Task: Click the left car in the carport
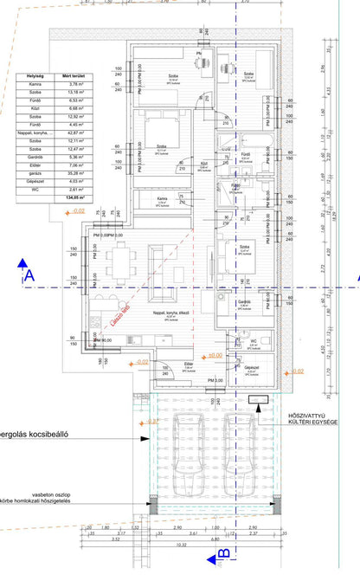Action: coord(186,442)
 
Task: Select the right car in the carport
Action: coord(238,442)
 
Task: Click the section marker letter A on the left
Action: coord(29,276)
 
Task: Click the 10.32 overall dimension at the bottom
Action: coord(182,545)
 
